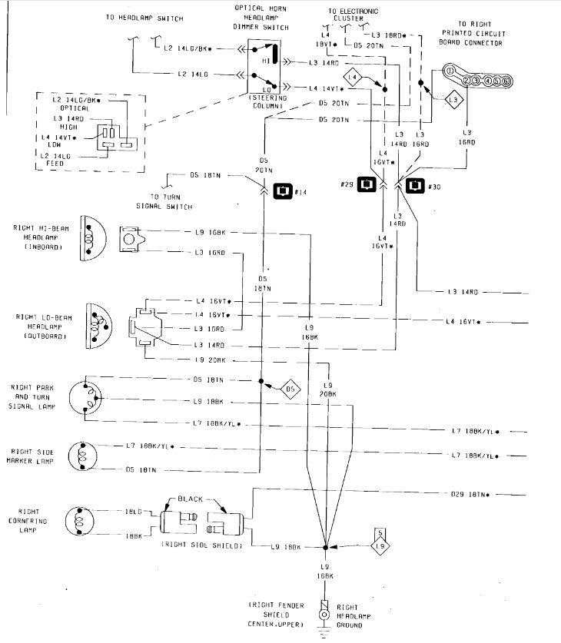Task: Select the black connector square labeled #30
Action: coord(416,184)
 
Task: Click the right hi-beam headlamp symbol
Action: coord(91,239)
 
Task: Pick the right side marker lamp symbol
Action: coord(83,456)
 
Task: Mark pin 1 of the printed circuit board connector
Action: coord(449,71)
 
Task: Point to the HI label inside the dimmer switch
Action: coord(266,59)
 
